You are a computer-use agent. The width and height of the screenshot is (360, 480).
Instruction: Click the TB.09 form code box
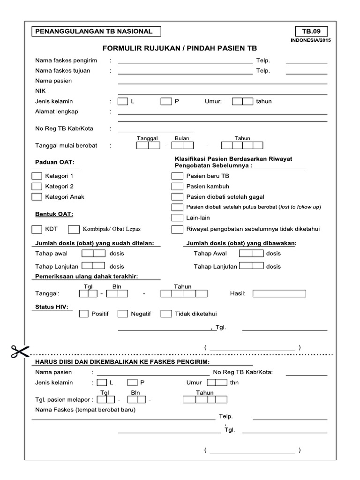(x=311, y=32)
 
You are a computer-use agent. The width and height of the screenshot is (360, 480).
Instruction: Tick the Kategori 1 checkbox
(x=37, y=176)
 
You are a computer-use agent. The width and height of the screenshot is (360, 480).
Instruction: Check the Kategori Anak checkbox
(x=37, y=197)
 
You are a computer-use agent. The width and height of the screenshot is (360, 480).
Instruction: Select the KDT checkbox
(x=37, y=229)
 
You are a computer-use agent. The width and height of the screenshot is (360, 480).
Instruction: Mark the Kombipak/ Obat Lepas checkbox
(x=74, y=229)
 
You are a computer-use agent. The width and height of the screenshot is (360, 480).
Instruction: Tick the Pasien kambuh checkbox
(x=177, y=187)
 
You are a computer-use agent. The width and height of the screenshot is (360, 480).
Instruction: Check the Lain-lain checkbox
(x=177, y=217)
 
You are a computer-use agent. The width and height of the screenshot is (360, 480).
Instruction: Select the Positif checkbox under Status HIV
(x=84, y=314)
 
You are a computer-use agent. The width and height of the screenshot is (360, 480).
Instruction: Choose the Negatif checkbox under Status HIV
(x=123, y=314)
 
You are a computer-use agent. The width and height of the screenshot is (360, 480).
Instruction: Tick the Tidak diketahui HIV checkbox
(x=166, y=314)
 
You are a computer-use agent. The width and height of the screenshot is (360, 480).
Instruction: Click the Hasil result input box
(x=279, y=293)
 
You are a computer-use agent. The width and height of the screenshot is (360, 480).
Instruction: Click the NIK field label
(x=40, y=91)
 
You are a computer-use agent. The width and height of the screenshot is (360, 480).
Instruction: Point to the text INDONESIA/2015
(x=311, y=41)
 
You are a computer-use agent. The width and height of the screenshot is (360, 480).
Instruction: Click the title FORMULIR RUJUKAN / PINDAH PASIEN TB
(x=180, y=48)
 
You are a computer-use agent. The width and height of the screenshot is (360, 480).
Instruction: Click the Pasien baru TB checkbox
(x=177, y=176)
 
